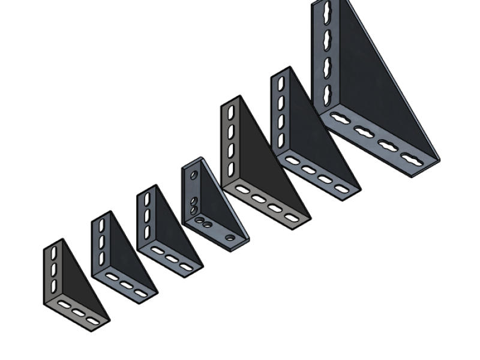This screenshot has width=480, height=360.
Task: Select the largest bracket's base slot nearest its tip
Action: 411,160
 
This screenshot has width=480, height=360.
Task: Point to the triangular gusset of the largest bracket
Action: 372,90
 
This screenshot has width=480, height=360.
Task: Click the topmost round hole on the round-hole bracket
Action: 194,175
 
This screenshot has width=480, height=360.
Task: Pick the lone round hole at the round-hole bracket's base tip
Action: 230,238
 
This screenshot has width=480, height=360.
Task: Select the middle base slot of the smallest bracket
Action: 79,312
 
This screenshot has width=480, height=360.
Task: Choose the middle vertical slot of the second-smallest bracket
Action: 101,241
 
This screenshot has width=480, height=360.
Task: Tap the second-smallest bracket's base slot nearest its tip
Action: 141,293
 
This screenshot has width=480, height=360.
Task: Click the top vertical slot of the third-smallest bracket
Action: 147,199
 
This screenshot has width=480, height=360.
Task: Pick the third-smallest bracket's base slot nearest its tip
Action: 187,266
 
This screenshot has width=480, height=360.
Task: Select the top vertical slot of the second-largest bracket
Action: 280,83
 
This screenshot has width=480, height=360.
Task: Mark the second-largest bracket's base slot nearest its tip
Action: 341,189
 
